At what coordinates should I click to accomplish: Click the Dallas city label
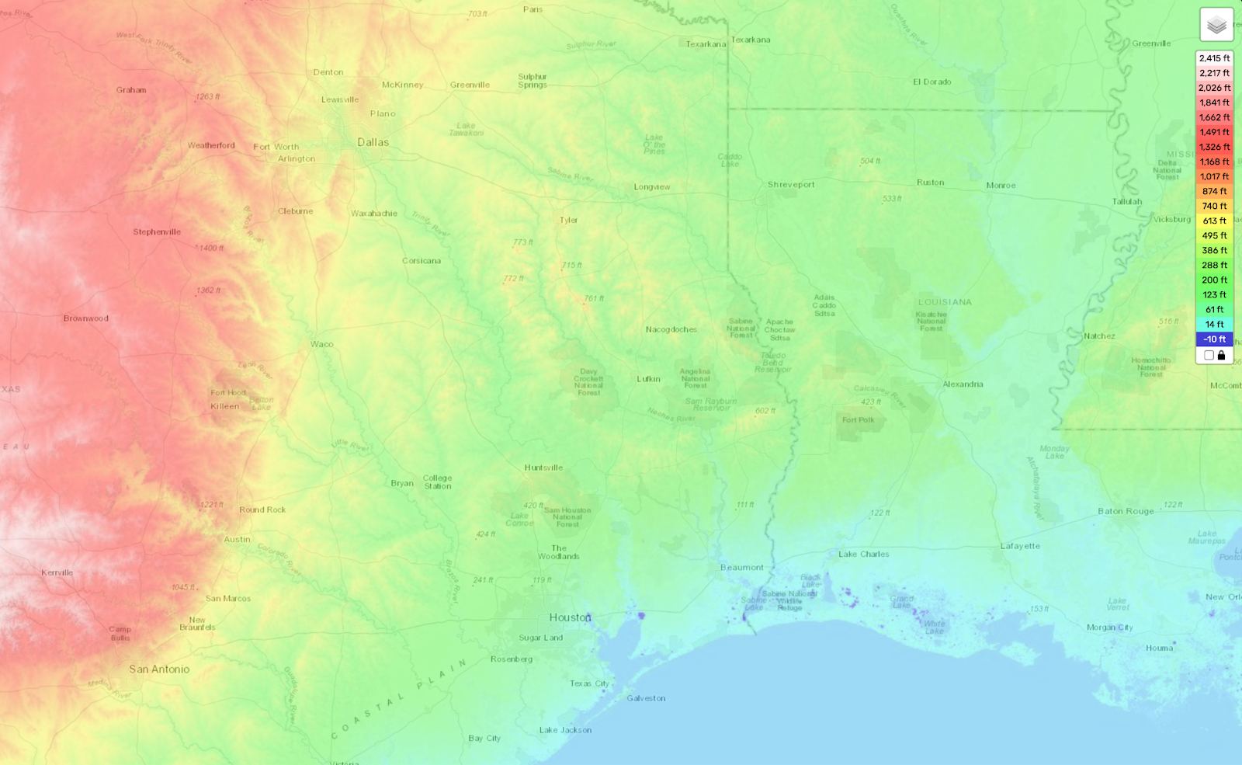(x=373, y=142)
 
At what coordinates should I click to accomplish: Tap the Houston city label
(x=570, y=617)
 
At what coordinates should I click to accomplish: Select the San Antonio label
(x=159, y=669)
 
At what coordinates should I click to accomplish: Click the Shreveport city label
(x=791, y=185)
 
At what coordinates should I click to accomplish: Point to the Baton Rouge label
(x=1126, y=511)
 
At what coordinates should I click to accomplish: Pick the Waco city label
(x=321, y=344)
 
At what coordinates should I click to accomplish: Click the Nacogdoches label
(x=671, y=329)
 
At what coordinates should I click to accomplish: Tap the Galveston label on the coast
(x=646, y=698)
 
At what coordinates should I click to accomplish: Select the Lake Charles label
(x=863, y=554)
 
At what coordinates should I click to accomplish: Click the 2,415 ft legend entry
(x=1214, y=58)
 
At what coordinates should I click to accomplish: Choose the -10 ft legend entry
(x=1214, y=339)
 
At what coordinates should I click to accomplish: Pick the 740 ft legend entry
(x=1214, y=206)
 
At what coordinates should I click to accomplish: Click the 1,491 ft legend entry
(x=1214, y=132)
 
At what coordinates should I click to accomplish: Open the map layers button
(x=1216, y=25)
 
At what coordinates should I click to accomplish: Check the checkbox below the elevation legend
(x=1209, y=355)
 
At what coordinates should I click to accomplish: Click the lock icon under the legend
(x=1221, y=355)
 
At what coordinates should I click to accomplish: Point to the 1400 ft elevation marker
(x=210, y=249)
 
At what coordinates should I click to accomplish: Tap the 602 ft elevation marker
(x=765, y=411)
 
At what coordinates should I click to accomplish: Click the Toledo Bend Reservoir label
(x=773, y=362)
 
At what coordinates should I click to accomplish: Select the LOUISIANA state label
(x=945, y=302)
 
